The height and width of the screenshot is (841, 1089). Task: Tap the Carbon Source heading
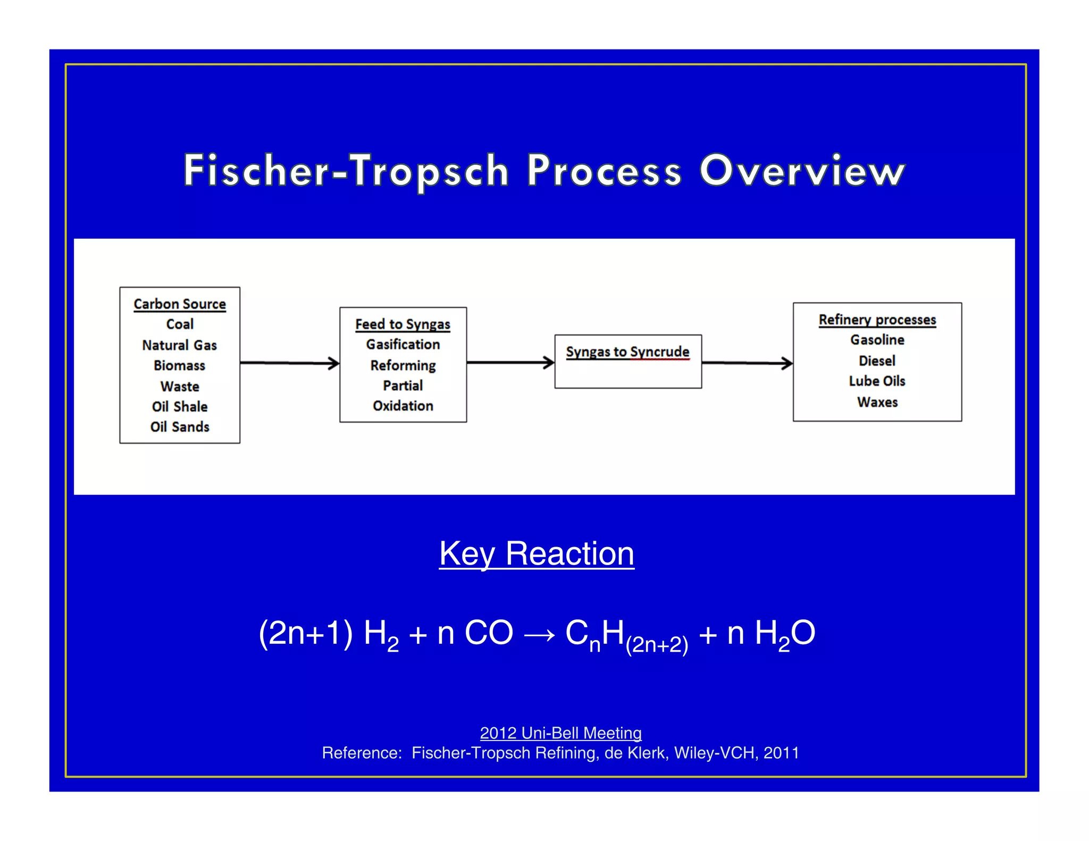coord(180,304)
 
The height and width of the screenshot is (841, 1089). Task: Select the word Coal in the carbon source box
coord(180,324)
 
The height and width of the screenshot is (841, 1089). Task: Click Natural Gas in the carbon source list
coord(180,346)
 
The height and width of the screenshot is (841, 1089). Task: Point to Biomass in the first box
coord(180,366)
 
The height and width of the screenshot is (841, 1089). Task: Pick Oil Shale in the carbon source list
coord(180,407)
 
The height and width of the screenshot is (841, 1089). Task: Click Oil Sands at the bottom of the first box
coord(180,427)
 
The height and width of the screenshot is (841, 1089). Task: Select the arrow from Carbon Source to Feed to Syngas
coord(290,363)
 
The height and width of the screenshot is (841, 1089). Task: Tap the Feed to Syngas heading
coord(403,324)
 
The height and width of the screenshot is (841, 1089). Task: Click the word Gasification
coord(403,344)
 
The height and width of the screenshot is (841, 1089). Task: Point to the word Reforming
coord(403,366)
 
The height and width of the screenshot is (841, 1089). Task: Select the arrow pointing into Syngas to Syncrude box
coord(510,363)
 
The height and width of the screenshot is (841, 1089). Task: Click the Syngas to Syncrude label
coord(627,352)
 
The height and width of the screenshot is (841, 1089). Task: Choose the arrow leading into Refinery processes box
coord(747,363)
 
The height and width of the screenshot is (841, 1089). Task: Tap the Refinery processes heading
coord(877,319)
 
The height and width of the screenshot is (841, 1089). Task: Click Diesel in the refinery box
coord(877,361)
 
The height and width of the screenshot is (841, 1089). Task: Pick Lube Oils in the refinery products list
coord(877,381)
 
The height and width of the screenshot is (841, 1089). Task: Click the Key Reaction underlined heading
coord(537,553)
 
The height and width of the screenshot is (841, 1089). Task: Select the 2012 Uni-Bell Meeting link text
coord(560,733)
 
